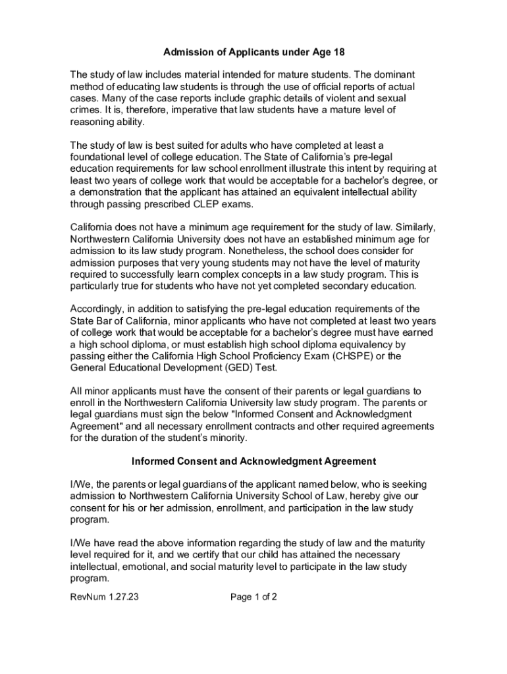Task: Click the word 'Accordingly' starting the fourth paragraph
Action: click(x=99, y=309)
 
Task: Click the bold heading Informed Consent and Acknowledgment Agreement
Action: click(x=254, y=461)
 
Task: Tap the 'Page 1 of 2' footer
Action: click(x=254, y=598)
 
